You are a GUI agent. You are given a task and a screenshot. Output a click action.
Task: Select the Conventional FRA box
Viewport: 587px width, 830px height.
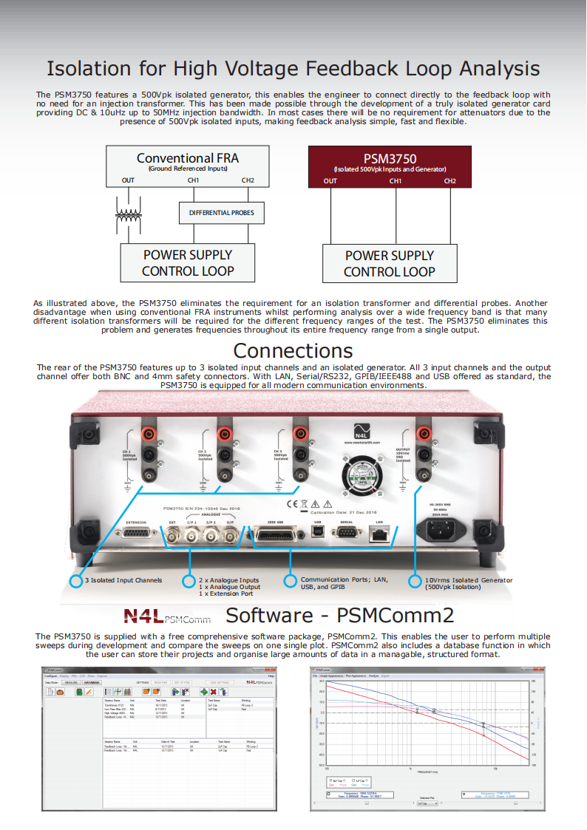click(187, 163)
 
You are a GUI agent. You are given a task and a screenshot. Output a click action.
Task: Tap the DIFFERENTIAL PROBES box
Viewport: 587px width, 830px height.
click(221, 213)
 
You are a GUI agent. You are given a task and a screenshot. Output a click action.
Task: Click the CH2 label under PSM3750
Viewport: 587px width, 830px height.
click(450, 181)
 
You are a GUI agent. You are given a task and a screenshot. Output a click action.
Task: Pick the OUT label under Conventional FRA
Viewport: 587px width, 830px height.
click(128, 180)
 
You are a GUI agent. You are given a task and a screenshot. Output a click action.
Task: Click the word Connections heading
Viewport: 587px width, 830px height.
click(293, 350)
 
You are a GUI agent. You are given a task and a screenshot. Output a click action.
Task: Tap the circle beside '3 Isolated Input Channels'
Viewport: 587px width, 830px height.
click(75, 581)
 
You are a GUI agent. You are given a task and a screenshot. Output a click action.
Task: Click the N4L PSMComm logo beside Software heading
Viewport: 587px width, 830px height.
click(166, 616)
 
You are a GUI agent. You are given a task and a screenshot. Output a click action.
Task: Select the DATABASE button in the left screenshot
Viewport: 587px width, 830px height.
click(92, 682)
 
